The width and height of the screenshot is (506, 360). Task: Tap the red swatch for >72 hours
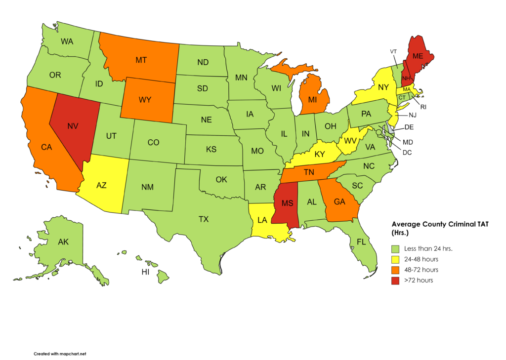pos(395,280)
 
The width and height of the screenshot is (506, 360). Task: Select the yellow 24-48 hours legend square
pos(395,259)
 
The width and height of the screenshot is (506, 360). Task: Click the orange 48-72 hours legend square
pos(395,270)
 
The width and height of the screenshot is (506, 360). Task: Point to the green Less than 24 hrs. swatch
pos(395,248)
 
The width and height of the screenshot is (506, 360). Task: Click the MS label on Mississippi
pos(288,203)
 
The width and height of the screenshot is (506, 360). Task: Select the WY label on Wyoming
pos(145,100)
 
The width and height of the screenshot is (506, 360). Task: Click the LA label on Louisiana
pos(262,219)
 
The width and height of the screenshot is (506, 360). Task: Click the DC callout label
pos(407,153)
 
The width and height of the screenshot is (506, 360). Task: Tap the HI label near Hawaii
pos(145,272)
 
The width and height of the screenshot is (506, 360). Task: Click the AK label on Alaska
pos(63,242)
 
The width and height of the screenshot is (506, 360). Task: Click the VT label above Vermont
pos(393,51)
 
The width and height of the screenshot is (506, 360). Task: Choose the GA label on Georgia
pos(339,201)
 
